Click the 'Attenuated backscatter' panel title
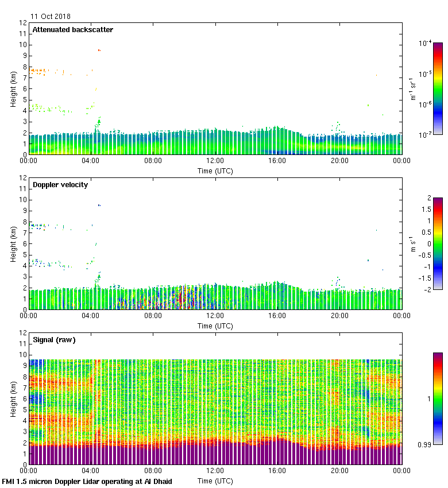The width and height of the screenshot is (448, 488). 72,29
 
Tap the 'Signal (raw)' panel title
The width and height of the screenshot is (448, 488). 54,339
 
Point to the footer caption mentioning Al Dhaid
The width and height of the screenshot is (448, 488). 87,481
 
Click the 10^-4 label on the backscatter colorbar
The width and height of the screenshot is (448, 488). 426,42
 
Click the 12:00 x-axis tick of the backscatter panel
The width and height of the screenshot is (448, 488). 215,161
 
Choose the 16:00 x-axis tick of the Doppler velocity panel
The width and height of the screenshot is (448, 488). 277,316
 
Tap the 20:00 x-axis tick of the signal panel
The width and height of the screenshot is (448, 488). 339,471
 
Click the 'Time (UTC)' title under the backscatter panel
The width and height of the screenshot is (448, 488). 215,171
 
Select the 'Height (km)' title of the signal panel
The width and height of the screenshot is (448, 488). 13,398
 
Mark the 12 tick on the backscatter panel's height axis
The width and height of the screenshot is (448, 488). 23,24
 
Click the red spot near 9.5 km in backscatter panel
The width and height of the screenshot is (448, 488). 99,51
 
